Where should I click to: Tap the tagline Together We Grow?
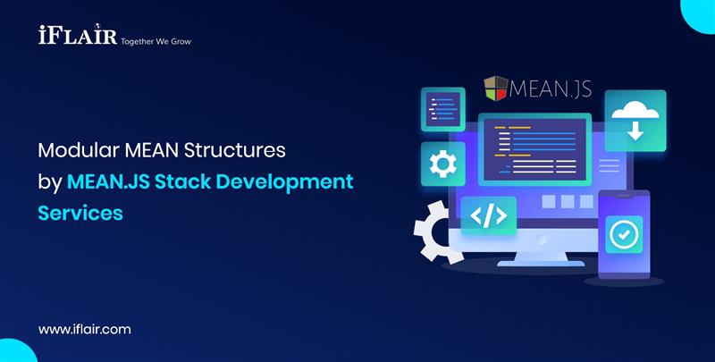(156, 41)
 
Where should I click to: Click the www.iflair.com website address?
(85, 329)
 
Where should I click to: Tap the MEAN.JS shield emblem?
(496, 88)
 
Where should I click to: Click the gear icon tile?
(442, 164)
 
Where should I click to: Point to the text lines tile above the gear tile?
(442, 109)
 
